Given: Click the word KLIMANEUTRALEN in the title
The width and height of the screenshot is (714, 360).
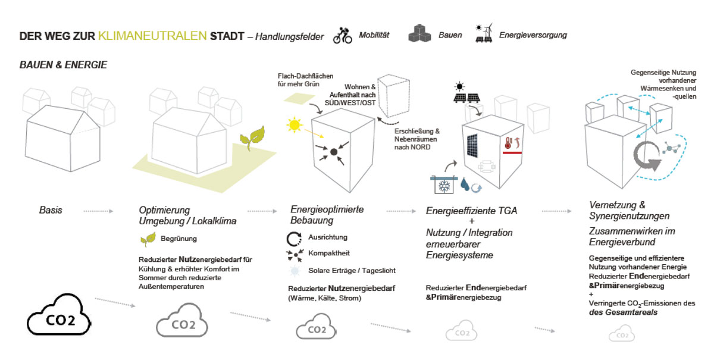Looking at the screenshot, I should [x=153, y=36].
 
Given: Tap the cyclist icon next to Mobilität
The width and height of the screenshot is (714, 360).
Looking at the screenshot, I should [x=342, y=35].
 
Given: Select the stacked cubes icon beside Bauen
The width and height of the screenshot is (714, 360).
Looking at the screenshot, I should [x=419, y=35].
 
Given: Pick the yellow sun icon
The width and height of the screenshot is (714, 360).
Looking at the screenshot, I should [x=293, y=125].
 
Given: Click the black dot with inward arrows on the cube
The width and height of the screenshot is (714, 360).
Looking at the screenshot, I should [x=334, y=152].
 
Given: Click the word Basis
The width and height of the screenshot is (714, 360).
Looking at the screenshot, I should [x=51, y=210].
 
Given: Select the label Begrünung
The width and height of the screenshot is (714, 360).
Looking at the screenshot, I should [x=178, y=239].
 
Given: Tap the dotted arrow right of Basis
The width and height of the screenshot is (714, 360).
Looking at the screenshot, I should [x=98, y=210].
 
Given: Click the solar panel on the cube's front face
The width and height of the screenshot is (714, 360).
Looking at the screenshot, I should [x=475, y=146].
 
